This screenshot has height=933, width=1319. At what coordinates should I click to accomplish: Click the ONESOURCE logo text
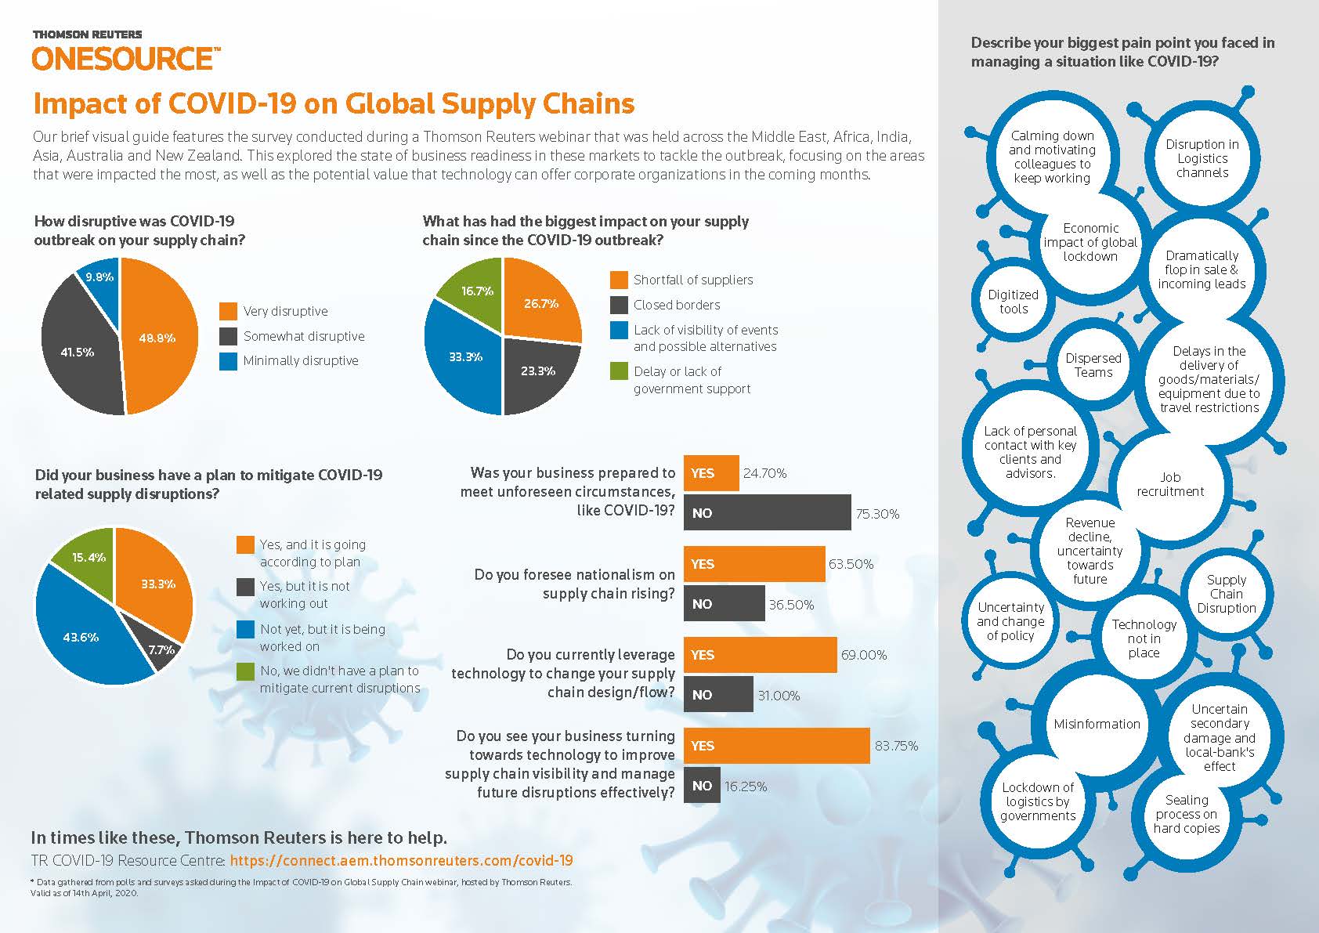click(122, 59)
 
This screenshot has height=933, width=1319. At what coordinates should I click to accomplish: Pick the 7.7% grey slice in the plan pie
click(161, 649)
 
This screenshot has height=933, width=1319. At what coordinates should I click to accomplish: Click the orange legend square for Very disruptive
click(229, 311)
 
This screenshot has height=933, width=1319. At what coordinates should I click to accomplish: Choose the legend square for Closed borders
click(619, 305)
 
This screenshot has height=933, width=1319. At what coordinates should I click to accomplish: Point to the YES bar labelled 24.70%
click(711, 473)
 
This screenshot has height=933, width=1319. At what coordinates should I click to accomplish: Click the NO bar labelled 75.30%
click(767, 513)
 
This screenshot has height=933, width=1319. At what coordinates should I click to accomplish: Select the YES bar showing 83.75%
click(776, 746)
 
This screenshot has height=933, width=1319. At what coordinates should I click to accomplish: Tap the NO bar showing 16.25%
click(702, 786)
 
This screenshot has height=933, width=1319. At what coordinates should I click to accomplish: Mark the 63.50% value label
click(851, 564)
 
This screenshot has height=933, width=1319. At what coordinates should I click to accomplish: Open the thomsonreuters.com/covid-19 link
click(402, 860)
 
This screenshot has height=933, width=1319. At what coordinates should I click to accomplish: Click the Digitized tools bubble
click(1013, 302)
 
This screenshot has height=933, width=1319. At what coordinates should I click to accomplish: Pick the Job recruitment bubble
click(1170, 484)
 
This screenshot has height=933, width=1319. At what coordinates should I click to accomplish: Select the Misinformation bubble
click(1097, 724)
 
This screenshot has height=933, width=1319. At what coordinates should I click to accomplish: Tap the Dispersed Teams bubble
click(1093, 365)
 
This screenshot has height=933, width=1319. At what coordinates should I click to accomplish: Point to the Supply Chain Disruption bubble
click(1226, 594)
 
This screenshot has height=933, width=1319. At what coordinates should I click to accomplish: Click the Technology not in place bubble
click(1144, 638)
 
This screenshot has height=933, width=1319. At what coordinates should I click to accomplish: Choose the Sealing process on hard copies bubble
click(1187, 814)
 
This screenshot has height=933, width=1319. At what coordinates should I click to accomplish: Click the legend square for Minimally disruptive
click(229, 361)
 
